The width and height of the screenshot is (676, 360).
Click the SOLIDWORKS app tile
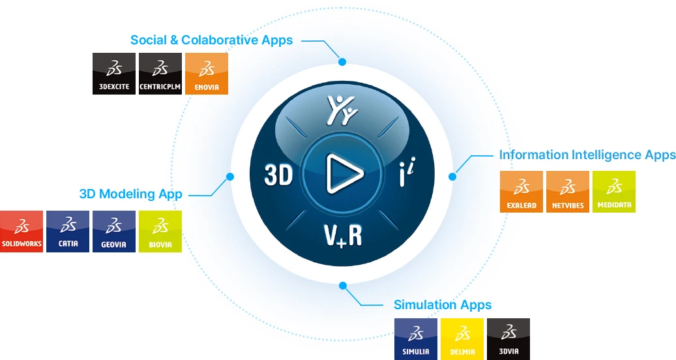pos(22,232)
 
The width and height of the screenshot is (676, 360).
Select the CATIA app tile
pos(68,232)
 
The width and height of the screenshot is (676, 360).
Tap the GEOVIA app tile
pos(114,232)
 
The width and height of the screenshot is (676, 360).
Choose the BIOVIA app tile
pos(160,232)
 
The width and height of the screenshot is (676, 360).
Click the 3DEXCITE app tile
pos(114,74)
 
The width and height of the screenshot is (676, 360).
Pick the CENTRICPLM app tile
pos(160,74)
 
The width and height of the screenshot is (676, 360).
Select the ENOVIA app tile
pos(207,74)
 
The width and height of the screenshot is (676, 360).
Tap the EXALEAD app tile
pos(522,192)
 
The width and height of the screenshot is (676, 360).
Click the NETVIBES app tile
pos(568,192)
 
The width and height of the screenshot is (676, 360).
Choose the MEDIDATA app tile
pos(614,192)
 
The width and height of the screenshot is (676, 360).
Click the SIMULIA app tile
pos(416,339)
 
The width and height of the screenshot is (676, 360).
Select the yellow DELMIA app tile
pos(462,339)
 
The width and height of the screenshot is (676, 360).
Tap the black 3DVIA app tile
pos(508,339)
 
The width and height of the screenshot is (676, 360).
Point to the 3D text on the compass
pos(279,175)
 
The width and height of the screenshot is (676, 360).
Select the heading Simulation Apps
pos(442,305)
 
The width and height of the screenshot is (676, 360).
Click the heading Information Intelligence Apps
pos(587,155)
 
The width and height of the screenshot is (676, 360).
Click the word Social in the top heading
pos(148,40)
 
